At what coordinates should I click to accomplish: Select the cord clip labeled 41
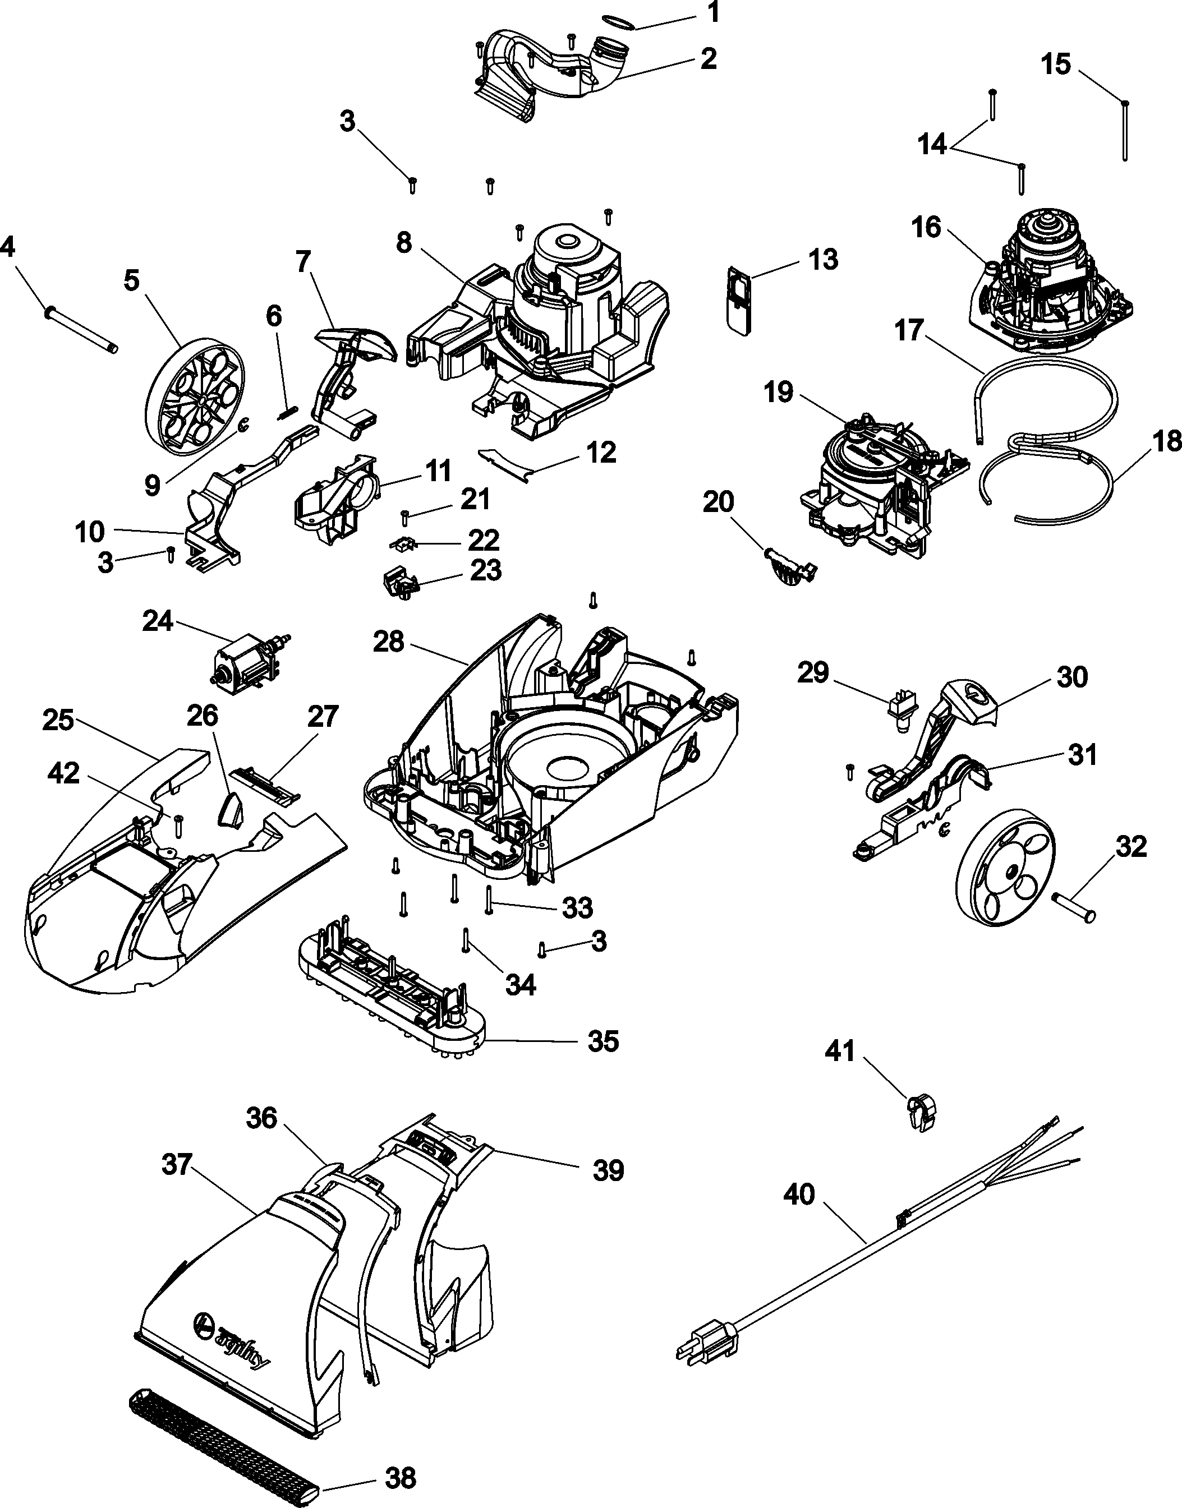coord(921,1114)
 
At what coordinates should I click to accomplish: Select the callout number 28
coord(388,642)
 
